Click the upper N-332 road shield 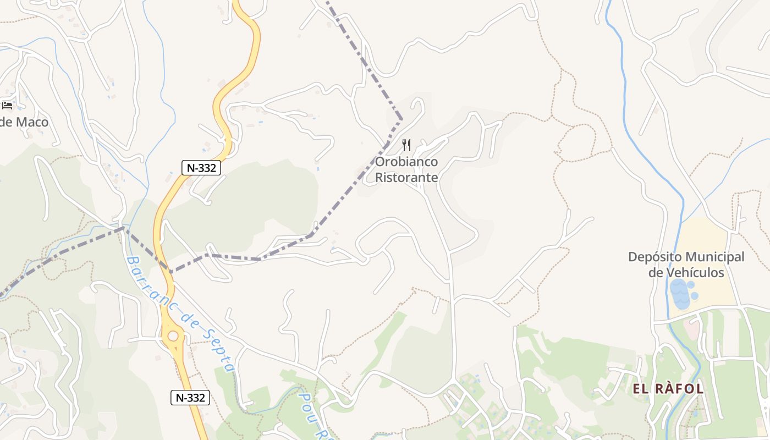pos(201,168)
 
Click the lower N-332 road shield pos(190,398)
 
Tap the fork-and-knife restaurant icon pos(406,145)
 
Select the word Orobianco pos(406,162)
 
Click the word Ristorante pos(406,177)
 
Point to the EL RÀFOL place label pos(668,389)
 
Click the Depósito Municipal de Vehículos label pos(686,265)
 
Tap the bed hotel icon pos(7,105)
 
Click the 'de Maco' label pos(24,122)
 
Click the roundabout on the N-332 pos(173,335)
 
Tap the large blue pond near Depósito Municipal pos(680,294)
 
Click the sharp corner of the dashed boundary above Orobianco pos(401,119)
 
